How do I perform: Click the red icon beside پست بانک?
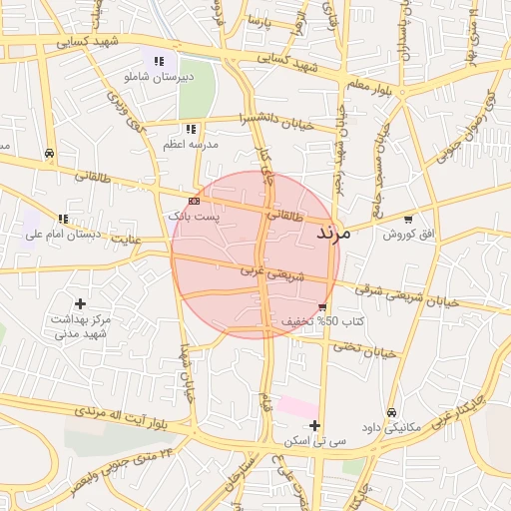click(193, 201)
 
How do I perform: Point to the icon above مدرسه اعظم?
click(191, 129)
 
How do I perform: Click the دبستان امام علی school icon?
click(63, 219)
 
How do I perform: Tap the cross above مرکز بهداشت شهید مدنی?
click(80, 302)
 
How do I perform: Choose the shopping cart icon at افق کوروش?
click(407, 220)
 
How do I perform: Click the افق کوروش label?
click(407, 234)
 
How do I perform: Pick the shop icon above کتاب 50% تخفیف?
click(321, 307)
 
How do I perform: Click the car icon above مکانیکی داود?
click(392, 411)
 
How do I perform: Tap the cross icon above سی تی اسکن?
click(315, 426)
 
